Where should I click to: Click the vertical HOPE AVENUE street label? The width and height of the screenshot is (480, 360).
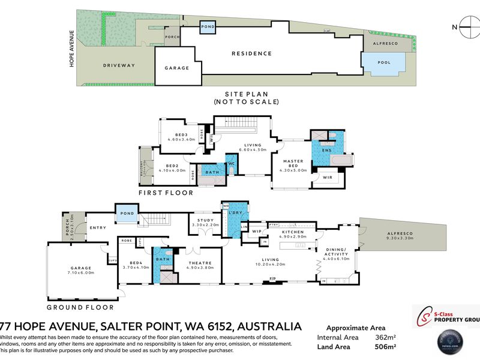pos(71,48)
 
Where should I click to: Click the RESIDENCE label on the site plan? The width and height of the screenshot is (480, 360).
pos(251,53)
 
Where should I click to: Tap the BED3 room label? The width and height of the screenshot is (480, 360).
pos(182,136)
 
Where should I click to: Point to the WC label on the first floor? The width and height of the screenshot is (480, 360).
pos(231,164)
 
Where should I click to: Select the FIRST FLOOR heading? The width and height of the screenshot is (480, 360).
pos(166,193)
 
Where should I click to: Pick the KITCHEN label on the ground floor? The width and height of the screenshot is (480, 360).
pos(294,232)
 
